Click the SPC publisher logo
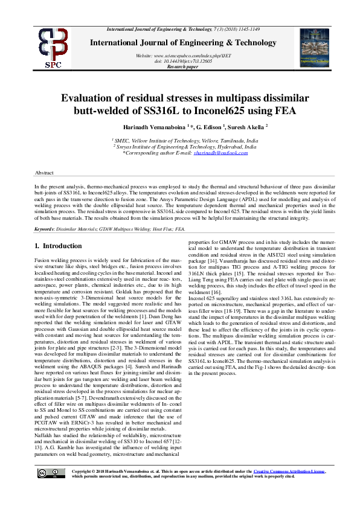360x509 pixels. pyautogui.click(x=53, y=47)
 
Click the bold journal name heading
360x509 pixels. pyautogui.click(x=184, y=43)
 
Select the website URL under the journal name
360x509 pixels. pyautogui.click(x=184, y=55)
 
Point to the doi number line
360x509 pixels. pyautogui.click(x=184, y=61)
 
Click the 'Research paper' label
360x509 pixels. pyautogui.click(x=184, y=67)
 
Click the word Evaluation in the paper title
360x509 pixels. pyautogui.click(x=90, y=98)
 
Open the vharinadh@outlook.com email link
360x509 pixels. pyautogui.click(x=220, y=153)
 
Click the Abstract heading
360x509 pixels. pyautogui.click(x=45, y=173)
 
